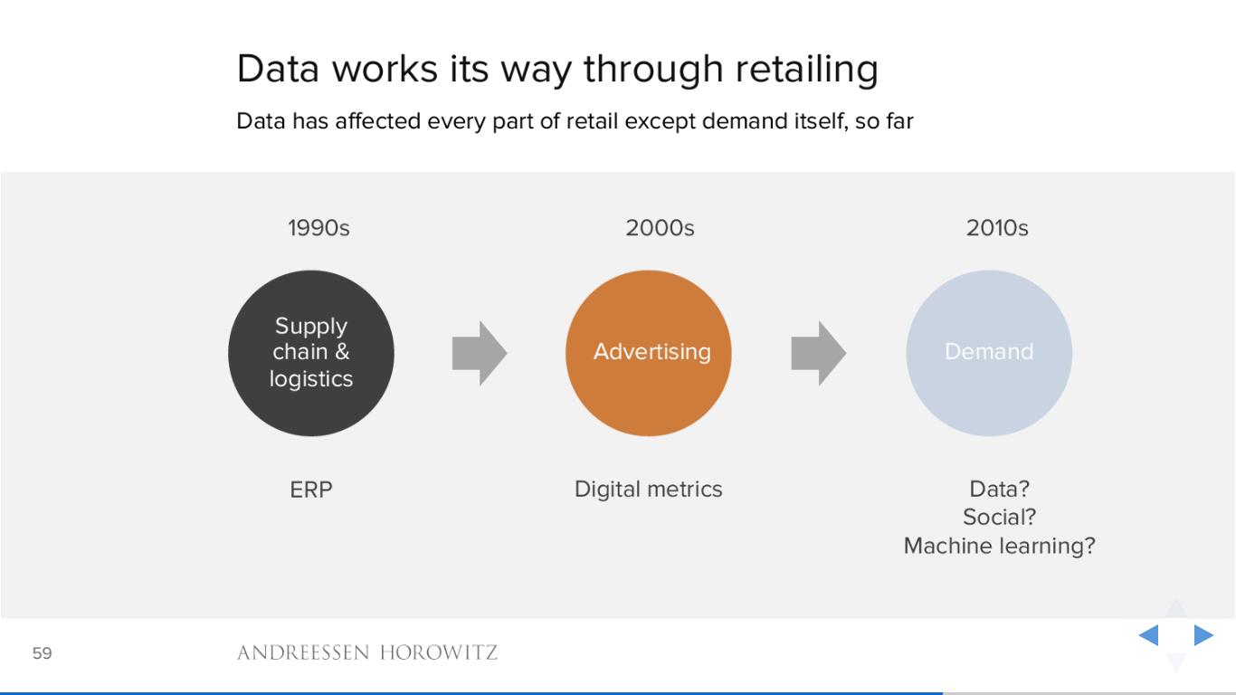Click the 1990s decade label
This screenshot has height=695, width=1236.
tap(319, 228)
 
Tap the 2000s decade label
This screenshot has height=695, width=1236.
tap(660, 228)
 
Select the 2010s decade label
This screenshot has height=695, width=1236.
tap(997, 228)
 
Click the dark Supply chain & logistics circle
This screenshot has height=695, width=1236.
tap(311, 353)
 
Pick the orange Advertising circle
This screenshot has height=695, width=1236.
tap(649, 353)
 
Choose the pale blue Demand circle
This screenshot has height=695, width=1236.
tap(989, 353)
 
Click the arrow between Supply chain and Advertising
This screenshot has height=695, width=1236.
tap(480, 353)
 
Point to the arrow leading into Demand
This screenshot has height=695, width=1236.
tap(819, 353)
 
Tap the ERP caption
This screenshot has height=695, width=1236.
tap(311, 490)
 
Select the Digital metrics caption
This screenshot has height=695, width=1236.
tap(649, 490)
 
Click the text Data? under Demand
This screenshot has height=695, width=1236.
tap(999, 489)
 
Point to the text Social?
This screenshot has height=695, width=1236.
tap(999, 518)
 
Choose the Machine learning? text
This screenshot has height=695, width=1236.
tap(999, 547)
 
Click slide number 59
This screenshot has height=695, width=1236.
tap(42, 653)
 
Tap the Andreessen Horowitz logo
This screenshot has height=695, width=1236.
tap(367, 653)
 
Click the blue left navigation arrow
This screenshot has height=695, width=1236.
tap(1148, 635)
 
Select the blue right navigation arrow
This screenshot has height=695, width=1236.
tap(1204, 635)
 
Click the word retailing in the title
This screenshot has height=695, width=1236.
tap(807, 70)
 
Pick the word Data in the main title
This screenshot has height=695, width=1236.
tap(278, 69)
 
